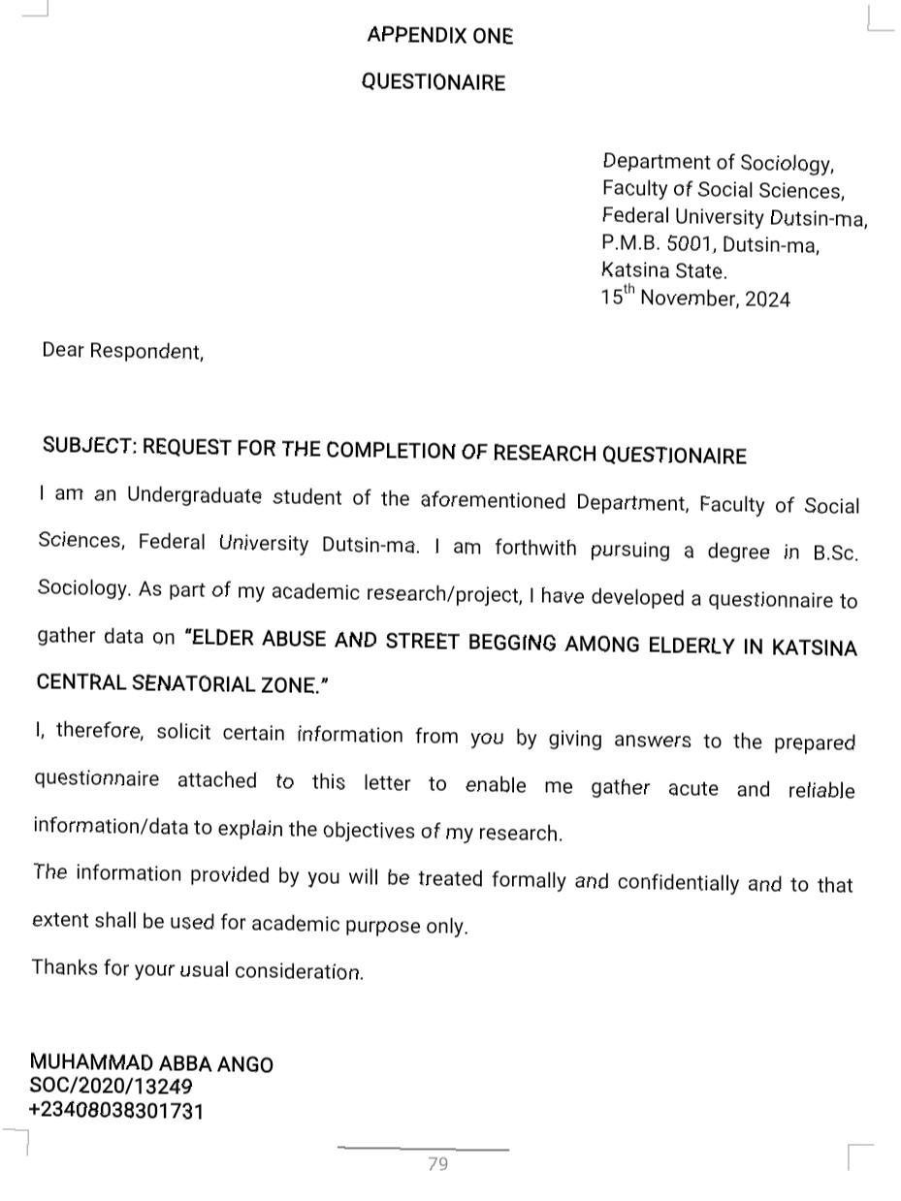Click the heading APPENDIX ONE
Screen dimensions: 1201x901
click(x=439, y=36)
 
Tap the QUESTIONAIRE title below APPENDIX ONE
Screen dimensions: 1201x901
click(x=434, y=82)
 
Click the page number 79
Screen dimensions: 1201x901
click(x=437, y=1164)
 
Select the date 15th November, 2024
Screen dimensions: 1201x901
click(x=695, y=298)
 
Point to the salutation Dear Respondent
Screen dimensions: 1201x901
click(x=122, y=351)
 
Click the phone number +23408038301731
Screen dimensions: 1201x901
click(x=116, y=1111)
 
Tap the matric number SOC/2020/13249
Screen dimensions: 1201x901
click(x=111, y=1087)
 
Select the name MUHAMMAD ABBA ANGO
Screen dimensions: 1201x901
click(x=151, y=1063)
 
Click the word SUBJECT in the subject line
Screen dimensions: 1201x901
click(x=87, y=446)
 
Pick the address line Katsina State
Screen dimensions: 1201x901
click(x=663, y=270)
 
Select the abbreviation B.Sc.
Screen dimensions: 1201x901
click(x=835, y=553)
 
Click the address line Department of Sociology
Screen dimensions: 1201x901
click(x=718, y=162)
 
